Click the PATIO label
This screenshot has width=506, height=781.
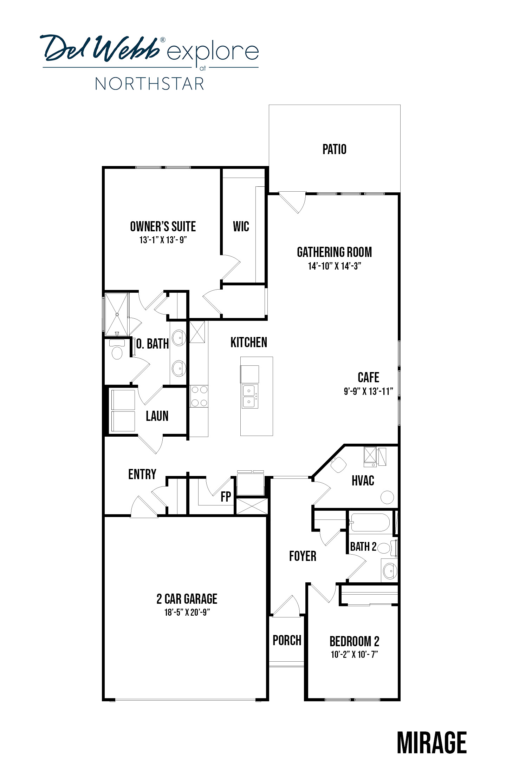(x=334, y=149)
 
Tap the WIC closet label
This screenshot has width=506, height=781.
(x=241, y=226)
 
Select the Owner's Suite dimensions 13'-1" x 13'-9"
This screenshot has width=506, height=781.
(x=163, y=240)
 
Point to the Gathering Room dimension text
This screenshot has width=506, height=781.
(x=335, y=266)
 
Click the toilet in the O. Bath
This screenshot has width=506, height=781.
(x=116, y=349)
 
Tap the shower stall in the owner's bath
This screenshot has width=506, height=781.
(x=117, y=314)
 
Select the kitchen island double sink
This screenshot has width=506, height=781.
(x=249, y=396)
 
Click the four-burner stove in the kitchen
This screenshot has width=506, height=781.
(x=199, y=396)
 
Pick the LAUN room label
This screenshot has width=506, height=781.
(x=157, y=416)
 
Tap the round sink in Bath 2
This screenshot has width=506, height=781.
(x=389, y=570)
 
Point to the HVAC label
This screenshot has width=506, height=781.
(x=363, y=481)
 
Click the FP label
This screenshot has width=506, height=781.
(x=226, y=496)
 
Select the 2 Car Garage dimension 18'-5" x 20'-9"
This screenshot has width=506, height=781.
(x=187, y=613)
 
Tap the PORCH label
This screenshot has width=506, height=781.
(x=287, y=640)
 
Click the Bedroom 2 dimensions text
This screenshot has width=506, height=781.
(x=354, y=654)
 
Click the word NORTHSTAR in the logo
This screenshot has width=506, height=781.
(x=150, y=84)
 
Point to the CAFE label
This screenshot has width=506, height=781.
(x=368, y=377)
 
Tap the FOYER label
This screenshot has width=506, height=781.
(x=303, y=556)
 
